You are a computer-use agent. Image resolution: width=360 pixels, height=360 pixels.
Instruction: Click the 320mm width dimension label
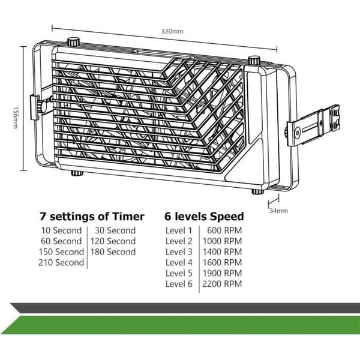(x=172, y=31)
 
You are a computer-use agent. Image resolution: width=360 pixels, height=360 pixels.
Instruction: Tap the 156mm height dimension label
(x=16, y=118)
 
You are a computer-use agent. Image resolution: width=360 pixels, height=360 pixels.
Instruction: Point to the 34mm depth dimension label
(x=278, y=211)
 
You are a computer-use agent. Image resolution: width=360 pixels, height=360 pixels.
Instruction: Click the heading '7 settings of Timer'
(x=92, y=217)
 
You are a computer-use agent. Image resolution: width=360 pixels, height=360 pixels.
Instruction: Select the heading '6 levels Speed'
(x=204, y=217)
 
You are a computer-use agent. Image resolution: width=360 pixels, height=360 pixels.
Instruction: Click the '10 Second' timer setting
(x=61, y=230)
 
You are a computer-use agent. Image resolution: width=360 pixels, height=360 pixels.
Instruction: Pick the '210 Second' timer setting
(x=61, y=262)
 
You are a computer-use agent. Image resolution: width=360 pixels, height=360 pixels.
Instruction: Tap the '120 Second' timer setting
(x=113, y=241)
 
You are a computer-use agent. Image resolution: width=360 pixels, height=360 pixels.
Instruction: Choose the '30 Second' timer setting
(x=115, y=230)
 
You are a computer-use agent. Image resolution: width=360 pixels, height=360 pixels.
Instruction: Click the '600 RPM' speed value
(x=224, y=230)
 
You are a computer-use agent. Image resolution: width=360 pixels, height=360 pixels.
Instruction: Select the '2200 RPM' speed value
(x=222, y=284)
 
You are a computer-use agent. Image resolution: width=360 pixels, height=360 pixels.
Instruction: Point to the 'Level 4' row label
(x=179, y=262)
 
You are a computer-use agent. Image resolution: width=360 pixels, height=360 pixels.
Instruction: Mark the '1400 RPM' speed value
(x=222, y=252)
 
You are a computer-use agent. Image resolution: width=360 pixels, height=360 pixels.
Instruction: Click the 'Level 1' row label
(x=179, y=230)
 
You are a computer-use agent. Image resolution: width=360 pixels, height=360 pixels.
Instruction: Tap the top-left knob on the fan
(x=73, y=42)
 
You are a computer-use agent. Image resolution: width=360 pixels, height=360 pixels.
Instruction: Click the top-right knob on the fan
(x=254, y=60)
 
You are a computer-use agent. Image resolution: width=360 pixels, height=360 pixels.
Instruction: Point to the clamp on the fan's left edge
(x=37, y=107)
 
